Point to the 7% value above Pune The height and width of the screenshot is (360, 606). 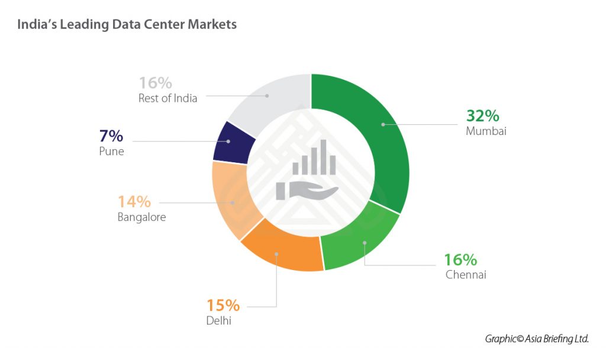coord(111,136)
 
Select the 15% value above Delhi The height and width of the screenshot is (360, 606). coord(223,306)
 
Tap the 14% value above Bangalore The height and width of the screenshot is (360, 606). coord(134,201)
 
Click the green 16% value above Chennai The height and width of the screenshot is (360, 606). coord(460,259)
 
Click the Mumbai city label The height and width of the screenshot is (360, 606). coord(486,131)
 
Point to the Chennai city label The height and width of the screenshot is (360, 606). coord(466,275)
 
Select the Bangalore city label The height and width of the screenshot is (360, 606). coord(141,217)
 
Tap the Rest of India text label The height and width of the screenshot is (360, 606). coord(167,98)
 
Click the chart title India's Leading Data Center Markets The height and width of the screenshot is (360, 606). coord(127,24)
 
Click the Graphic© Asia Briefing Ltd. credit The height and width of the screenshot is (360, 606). coord(537,339)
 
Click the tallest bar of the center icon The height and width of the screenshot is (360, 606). coord(323,157)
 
